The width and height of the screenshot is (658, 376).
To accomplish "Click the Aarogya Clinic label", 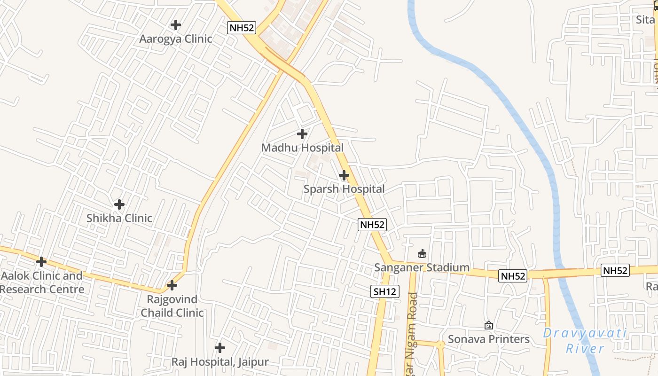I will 176,39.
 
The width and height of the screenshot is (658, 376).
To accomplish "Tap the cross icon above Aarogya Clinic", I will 176,24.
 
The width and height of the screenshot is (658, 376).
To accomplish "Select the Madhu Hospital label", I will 302,148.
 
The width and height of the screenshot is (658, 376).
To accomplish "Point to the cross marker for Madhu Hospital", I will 302,134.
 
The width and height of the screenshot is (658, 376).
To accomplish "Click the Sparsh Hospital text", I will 344,189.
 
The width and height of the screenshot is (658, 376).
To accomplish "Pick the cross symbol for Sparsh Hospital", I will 344,175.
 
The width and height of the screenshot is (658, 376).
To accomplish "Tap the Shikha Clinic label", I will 119,218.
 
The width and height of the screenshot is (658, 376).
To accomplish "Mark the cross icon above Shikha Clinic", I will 119,204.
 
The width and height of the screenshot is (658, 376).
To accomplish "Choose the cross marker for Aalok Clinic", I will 41,262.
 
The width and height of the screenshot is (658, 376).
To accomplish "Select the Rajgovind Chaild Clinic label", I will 172,306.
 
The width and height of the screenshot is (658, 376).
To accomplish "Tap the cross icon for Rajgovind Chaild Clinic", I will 172,285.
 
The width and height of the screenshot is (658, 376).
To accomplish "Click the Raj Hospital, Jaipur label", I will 219,362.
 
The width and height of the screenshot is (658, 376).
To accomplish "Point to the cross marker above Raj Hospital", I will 219,348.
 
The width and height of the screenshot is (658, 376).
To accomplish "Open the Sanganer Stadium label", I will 422,267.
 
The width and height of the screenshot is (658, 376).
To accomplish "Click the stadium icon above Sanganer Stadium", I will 422,254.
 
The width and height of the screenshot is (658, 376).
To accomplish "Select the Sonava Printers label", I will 488,339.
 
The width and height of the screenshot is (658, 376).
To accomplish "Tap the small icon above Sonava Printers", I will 489,325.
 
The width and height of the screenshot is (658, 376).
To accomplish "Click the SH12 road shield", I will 385,291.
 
